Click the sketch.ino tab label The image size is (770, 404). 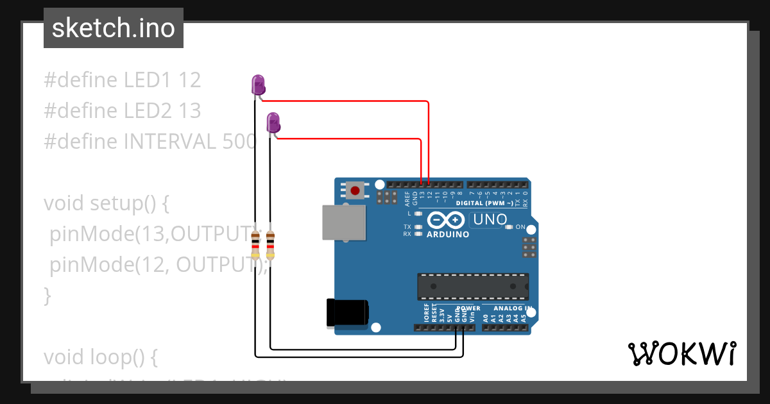click(114, 28)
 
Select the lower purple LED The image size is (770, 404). click(273, 122)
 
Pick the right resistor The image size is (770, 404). click(270, 244)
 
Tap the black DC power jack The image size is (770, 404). click(347, 313)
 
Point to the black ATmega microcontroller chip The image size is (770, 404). click(473, 286)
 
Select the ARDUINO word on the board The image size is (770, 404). click(448, 235)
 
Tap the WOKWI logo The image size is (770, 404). click(681, 354)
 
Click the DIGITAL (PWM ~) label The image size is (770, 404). click(485, 203)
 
